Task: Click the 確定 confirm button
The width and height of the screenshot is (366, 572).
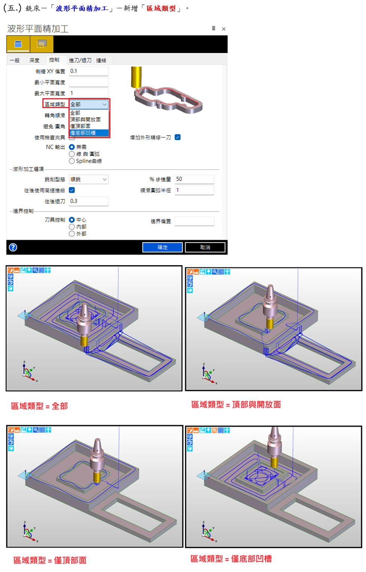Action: click(x=162, y=247)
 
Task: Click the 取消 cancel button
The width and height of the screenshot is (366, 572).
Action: click(x=205, y=247)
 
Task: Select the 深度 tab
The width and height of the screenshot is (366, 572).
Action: click(x=34, y=60)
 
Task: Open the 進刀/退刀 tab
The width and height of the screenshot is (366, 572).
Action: click(x=80, y=60)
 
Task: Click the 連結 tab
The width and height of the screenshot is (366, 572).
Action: click(x=101, y=60)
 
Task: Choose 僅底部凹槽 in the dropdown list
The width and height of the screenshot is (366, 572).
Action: click(x=89, y=133)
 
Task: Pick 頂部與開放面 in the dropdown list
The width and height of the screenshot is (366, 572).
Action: click(x=89, y=119)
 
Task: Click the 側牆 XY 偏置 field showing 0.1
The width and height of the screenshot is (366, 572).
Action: click(x=88, y=71)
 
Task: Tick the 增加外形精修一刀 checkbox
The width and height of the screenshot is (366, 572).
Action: click(x=178, y=137)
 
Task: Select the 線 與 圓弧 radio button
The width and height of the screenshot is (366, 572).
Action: click(x=72, y=154)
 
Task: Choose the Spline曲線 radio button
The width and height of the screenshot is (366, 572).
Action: click(x=72, y=161)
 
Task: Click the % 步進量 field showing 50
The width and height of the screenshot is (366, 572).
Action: click(x=194, y=179)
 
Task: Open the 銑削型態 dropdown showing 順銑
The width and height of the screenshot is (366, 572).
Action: click(x=88, y=179)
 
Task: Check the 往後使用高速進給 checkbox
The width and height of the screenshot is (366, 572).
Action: click(x=72, y=190)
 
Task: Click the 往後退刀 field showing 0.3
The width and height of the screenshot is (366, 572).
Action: click(x=88, y=201)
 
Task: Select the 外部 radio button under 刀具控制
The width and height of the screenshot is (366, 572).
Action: click(x=72, y=234)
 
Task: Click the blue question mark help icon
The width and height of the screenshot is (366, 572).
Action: click(x=13, y=247)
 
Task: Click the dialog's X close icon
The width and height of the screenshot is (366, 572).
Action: click(x=223, y=29)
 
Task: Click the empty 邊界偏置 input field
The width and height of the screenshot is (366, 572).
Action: click(x=194, y=221)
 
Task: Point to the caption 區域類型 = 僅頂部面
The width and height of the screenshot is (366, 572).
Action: click(x=50, y=560)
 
